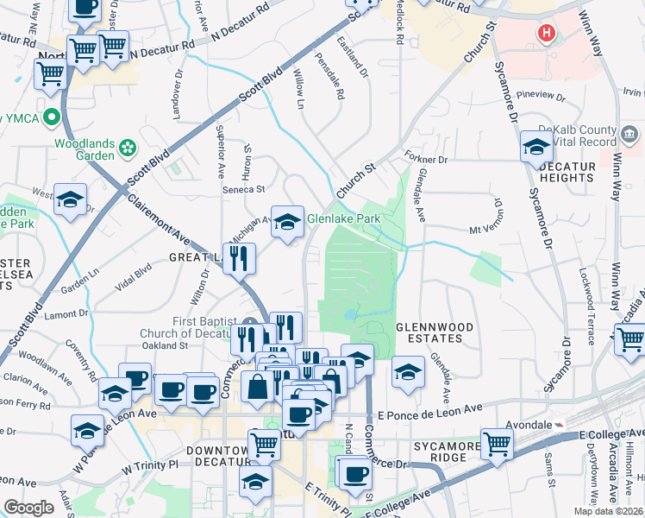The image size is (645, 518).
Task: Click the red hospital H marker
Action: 545,34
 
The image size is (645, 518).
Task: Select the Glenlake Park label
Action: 344,219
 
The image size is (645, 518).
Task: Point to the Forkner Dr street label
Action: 426,160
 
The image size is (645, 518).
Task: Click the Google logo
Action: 28,508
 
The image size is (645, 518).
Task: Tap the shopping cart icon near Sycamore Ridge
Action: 498,444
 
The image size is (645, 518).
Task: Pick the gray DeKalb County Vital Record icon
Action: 629,134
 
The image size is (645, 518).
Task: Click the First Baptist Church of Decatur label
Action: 202,328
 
